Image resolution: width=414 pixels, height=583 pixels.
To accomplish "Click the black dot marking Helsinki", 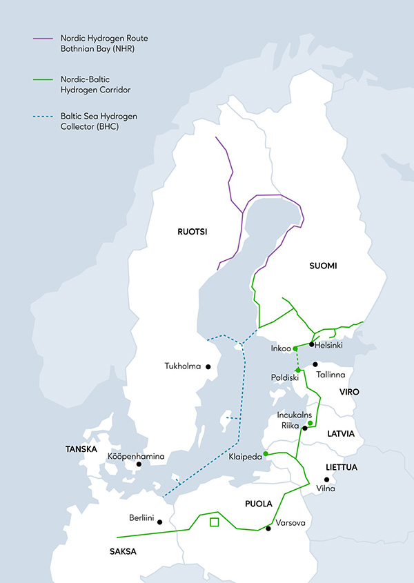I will tap(312, 344).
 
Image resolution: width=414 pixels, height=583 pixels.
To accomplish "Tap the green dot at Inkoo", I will tap(295, 348).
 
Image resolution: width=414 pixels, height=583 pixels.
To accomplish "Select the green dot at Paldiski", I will tap(297, 370).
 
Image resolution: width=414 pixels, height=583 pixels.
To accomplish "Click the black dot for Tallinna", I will tap(315, 364).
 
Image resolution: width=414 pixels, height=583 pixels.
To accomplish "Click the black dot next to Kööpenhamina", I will tap(139, 464).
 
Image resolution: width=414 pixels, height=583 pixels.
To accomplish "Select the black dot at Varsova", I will tap(268, 528).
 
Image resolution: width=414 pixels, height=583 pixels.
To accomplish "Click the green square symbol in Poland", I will tap(214, 522).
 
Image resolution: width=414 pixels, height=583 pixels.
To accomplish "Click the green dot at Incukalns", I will tap(310, 423).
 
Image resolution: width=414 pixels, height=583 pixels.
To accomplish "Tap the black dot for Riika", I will tap(304, 428).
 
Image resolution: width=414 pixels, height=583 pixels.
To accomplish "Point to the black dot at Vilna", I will tap(328, 480).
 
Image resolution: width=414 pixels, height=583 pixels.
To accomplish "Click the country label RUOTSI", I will tap(193, 232).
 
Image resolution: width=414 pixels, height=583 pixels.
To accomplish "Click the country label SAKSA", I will tap(122, 551).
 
